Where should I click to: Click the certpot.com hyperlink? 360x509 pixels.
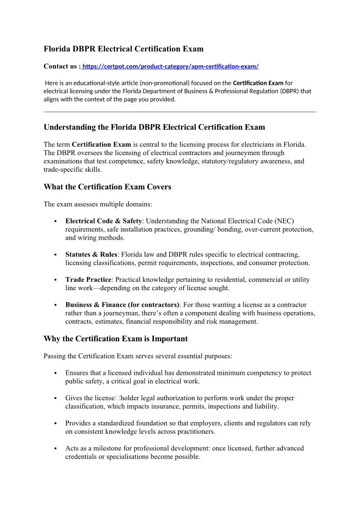170,67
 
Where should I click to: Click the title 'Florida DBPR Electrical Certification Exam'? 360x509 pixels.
123,49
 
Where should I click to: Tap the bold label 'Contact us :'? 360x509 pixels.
62,67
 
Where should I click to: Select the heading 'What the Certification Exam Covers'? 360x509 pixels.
107,187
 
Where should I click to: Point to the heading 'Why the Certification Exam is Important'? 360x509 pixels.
116,339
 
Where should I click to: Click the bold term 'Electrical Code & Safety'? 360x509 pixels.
103,221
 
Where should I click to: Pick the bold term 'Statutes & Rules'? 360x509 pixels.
91,255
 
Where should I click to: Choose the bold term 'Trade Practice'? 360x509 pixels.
88,280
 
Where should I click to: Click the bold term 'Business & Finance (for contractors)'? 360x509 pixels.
122,305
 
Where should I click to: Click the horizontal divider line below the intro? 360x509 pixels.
180,111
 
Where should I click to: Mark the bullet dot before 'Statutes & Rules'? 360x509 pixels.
55,255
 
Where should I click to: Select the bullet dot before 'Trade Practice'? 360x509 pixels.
55,280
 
